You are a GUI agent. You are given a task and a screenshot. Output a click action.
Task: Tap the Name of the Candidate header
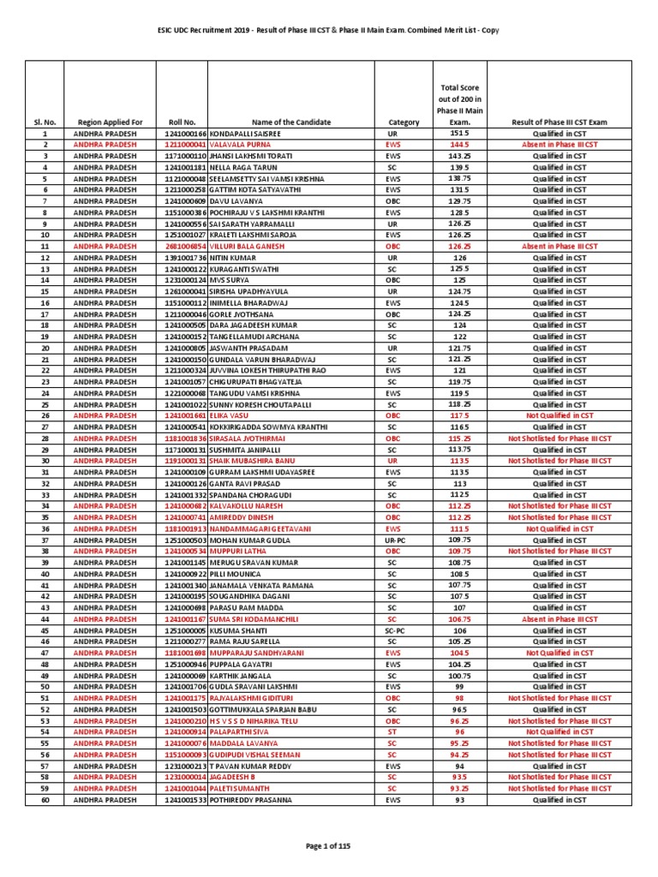point(291,122)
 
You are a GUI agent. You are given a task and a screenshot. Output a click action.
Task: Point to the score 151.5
point(460,134)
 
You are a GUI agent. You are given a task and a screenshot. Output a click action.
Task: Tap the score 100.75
point(460,676)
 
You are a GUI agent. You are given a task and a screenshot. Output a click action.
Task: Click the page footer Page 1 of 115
point(328,846)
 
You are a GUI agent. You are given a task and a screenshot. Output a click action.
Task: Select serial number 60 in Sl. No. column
point(45,799)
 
